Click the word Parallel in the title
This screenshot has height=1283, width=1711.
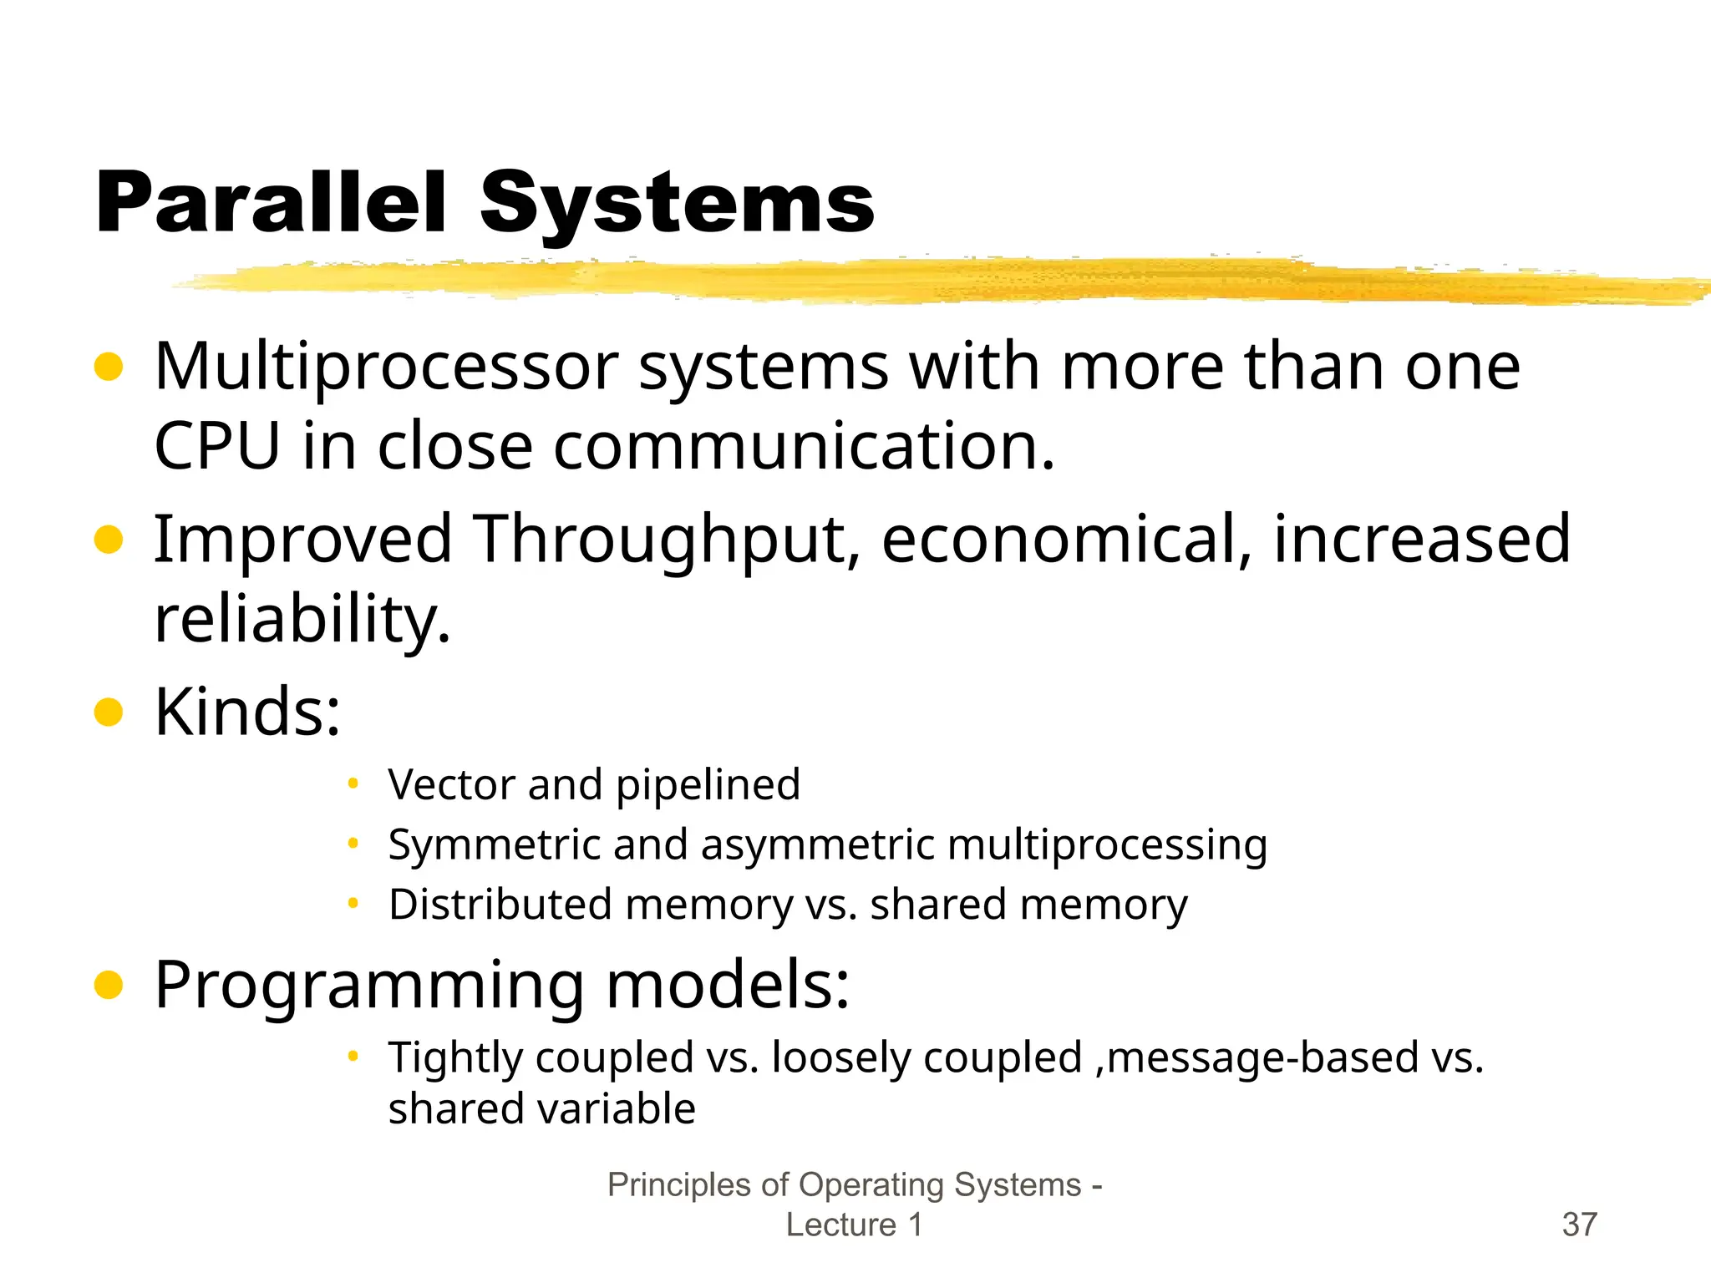(x=272, y=203)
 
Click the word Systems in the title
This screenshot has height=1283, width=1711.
(x=677, y=203)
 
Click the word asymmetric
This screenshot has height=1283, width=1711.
(x=819, y=845)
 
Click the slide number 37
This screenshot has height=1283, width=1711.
(x=1579, y=1225)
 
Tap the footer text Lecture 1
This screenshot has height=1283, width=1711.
(x=854, y=1225)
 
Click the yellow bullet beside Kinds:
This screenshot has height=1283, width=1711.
(x=109, y=712)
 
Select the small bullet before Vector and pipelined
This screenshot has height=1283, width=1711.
(x=353, y=783)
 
